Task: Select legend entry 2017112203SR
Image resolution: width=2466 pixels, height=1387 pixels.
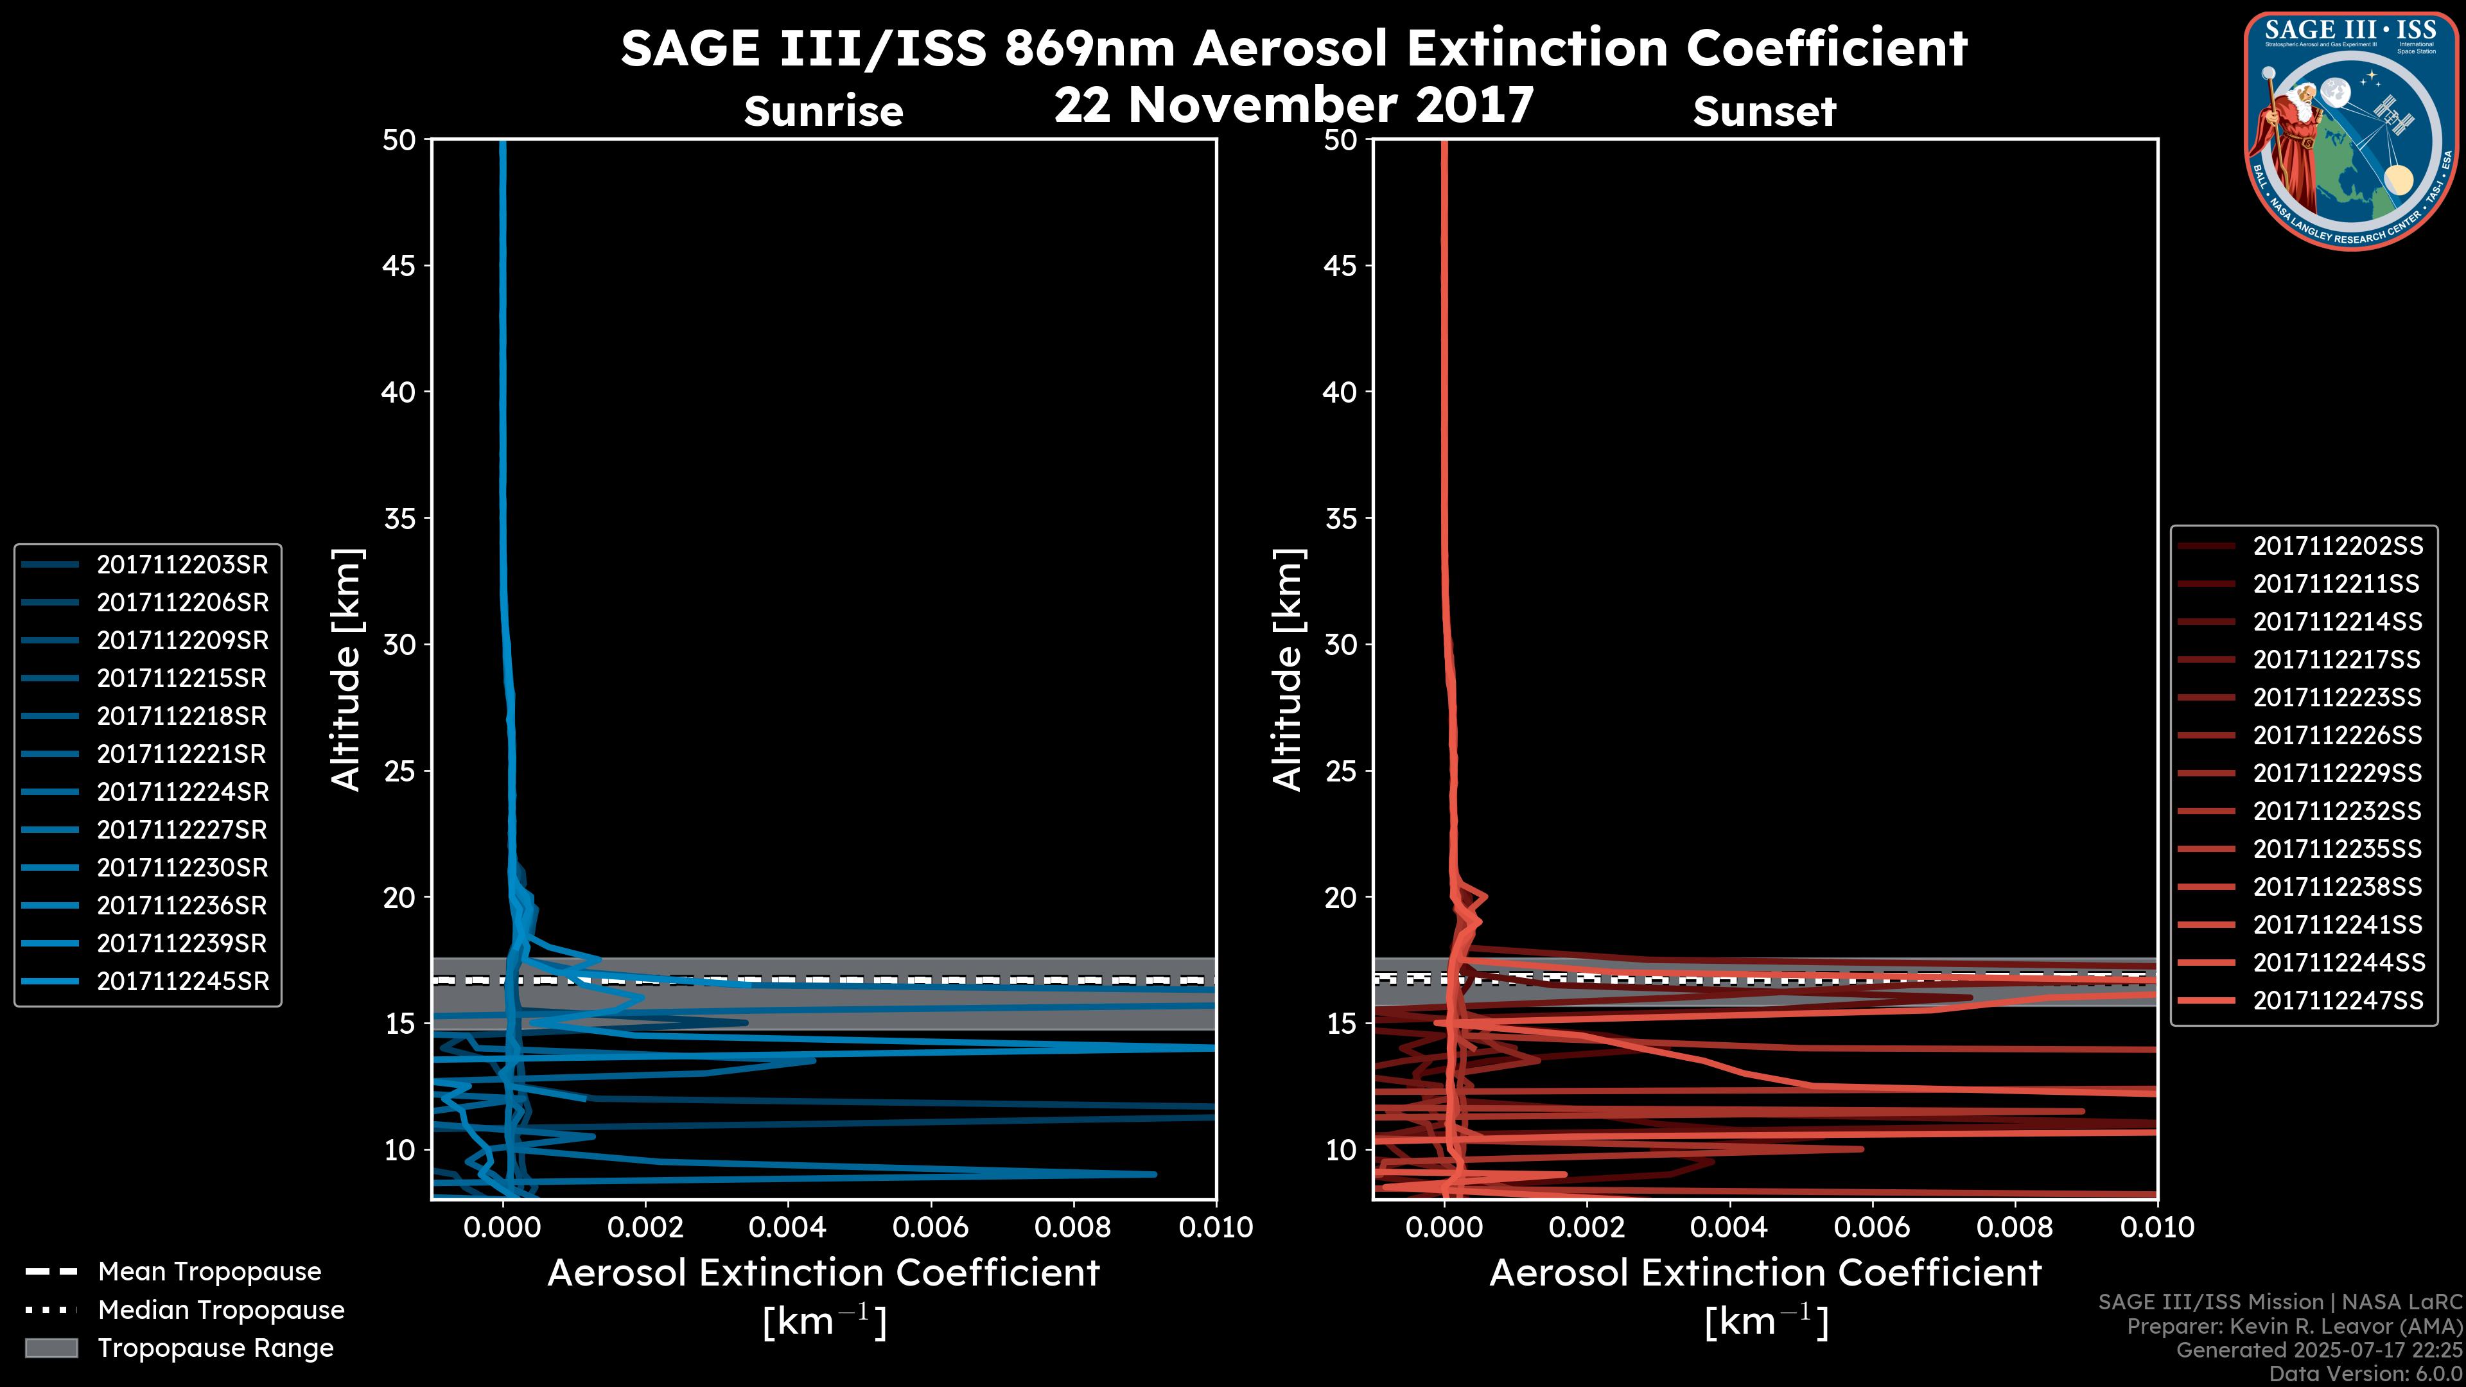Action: pyautogui.click(x=182, y=565)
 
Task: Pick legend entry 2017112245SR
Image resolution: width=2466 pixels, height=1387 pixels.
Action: pyautogui.click(x=182, y=981)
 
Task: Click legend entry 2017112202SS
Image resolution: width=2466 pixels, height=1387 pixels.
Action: pyautogui.click(x=2337, y=546)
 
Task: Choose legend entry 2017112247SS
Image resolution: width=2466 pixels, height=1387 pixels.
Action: pyautogui.click(x=2337, y=1000)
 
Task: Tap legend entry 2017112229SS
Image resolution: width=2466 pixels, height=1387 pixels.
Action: pyautogui.click(x=2337, y=773)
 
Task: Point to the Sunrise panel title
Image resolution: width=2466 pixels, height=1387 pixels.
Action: pyautogui.click(x=823, y=112)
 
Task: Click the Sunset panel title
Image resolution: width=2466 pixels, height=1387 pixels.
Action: pyautogui.click(x=1764, y=112)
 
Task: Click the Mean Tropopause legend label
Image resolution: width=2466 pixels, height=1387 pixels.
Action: pyautogui.click(x=209, y=1272)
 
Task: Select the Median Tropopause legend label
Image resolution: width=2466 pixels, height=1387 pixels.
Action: pyautogui.click(x=221, y=1311)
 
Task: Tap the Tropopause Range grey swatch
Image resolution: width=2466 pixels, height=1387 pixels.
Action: pyautogui.click(x=51, y=1348)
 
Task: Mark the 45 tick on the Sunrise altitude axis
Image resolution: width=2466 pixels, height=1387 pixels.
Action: pyautogui.click(x=400, y=266)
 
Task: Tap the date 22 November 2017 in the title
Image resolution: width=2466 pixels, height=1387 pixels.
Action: pyautogui.click(x=1293, y=105)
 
